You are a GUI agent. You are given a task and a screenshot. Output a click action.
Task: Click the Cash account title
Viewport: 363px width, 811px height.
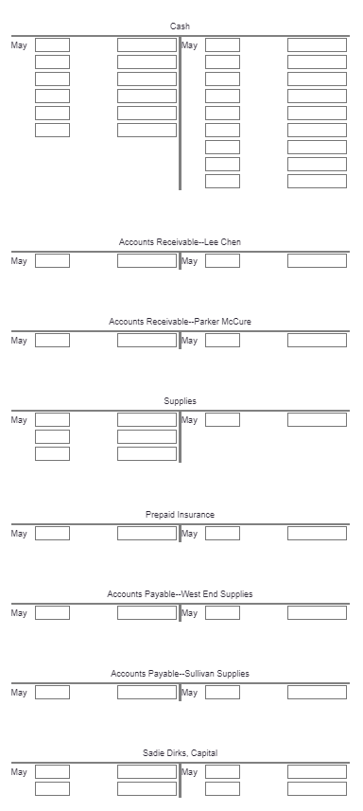click(x=180, y=26)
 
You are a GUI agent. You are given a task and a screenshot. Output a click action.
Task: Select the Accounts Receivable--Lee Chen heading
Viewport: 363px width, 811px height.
click(x=180, y=243)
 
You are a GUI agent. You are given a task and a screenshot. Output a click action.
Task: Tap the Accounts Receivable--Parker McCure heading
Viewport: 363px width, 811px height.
click(x=180, y=323)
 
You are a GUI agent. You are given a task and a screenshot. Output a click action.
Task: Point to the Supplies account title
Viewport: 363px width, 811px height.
click(x=180, y=402)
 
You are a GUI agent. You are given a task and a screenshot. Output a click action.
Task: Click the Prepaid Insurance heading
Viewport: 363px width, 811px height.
click(x=180, y=515)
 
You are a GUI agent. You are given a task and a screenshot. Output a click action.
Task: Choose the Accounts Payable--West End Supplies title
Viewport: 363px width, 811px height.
click(x=180, y=594)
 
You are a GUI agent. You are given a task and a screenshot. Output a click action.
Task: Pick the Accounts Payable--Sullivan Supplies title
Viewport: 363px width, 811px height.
click(x=180, y=674)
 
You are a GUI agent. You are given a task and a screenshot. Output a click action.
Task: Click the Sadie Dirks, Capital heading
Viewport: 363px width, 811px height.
click(x=180, y=753)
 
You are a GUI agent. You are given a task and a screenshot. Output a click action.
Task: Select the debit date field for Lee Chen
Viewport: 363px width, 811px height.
click(x=52, y=261)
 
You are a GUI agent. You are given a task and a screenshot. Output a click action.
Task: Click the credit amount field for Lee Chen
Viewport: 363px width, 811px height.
click(x=317, y=261)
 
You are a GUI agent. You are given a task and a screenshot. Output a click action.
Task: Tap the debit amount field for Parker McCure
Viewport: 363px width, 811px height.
click(x=147, y=341)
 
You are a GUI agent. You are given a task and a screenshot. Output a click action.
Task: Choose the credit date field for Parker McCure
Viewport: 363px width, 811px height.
click(x=222, y=341)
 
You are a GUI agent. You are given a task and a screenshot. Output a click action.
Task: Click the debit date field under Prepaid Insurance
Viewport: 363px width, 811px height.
click(x=52, y=534)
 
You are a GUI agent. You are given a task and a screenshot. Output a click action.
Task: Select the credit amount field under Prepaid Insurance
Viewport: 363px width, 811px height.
click(x=317, y=534)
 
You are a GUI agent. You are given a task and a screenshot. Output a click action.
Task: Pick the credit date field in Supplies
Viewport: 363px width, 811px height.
click(x=222, y=420)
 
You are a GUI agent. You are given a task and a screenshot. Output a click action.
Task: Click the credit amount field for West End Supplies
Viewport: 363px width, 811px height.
click(x=317, y=613)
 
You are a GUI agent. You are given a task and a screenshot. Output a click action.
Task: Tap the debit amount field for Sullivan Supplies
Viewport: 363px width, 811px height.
click(x=147, y=693)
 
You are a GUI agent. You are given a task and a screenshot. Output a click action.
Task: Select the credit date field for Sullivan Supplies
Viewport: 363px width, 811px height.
click(x=222, y=693)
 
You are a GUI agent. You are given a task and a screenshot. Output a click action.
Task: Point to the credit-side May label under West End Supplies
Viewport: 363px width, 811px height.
click(x=189, y=613)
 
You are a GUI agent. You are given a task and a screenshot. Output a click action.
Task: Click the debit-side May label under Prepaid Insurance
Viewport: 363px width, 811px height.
click(x=19, y=534)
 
